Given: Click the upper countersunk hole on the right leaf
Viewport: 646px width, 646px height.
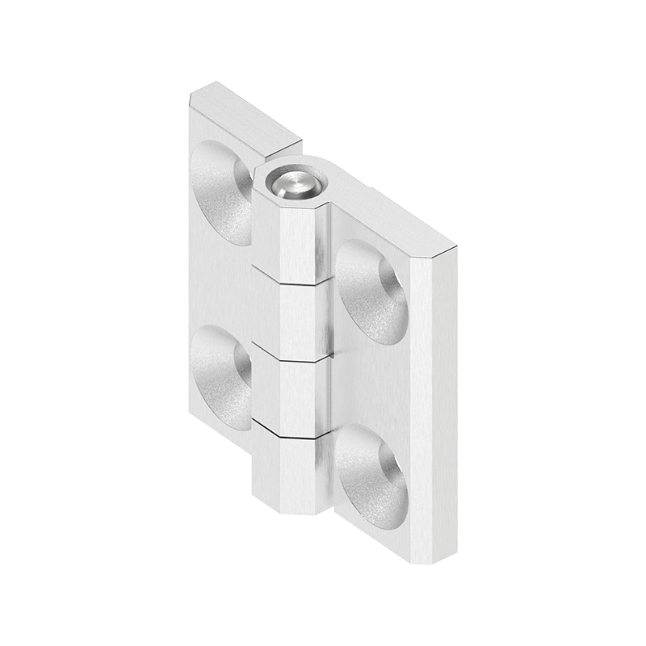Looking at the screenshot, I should tap(371, 292).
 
